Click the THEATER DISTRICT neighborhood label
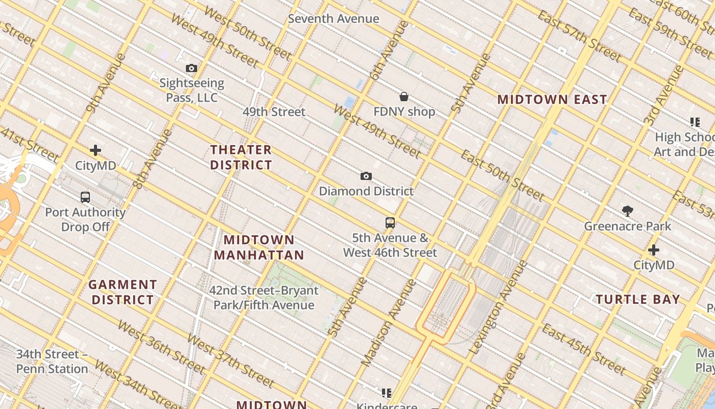coord(241,157)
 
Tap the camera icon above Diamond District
coord(366,176)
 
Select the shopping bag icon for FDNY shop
coord(404,97)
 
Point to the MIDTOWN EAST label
coord(552,100)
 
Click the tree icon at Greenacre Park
coord(628,211)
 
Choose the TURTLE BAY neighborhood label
coord(638,300)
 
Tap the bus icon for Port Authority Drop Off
coord(85,197)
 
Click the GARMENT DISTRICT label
coord(123,292)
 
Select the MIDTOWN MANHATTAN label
coord(259,247)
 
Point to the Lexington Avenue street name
coord(498,307)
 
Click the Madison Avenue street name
coord(389,323)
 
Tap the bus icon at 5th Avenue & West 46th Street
coord(390,223)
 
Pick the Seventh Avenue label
coord(333,19)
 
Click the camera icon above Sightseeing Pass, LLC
coord(192,68)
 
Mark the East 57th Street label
coord(579,36)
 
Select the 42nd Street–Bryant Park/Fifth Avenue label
coord(264,298)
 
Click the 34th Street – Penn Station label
coord(52,361)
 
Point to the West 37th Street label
coord(230,360)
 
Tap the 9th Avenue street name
coord(106,82)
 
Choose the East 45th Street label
coord(584,349)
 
